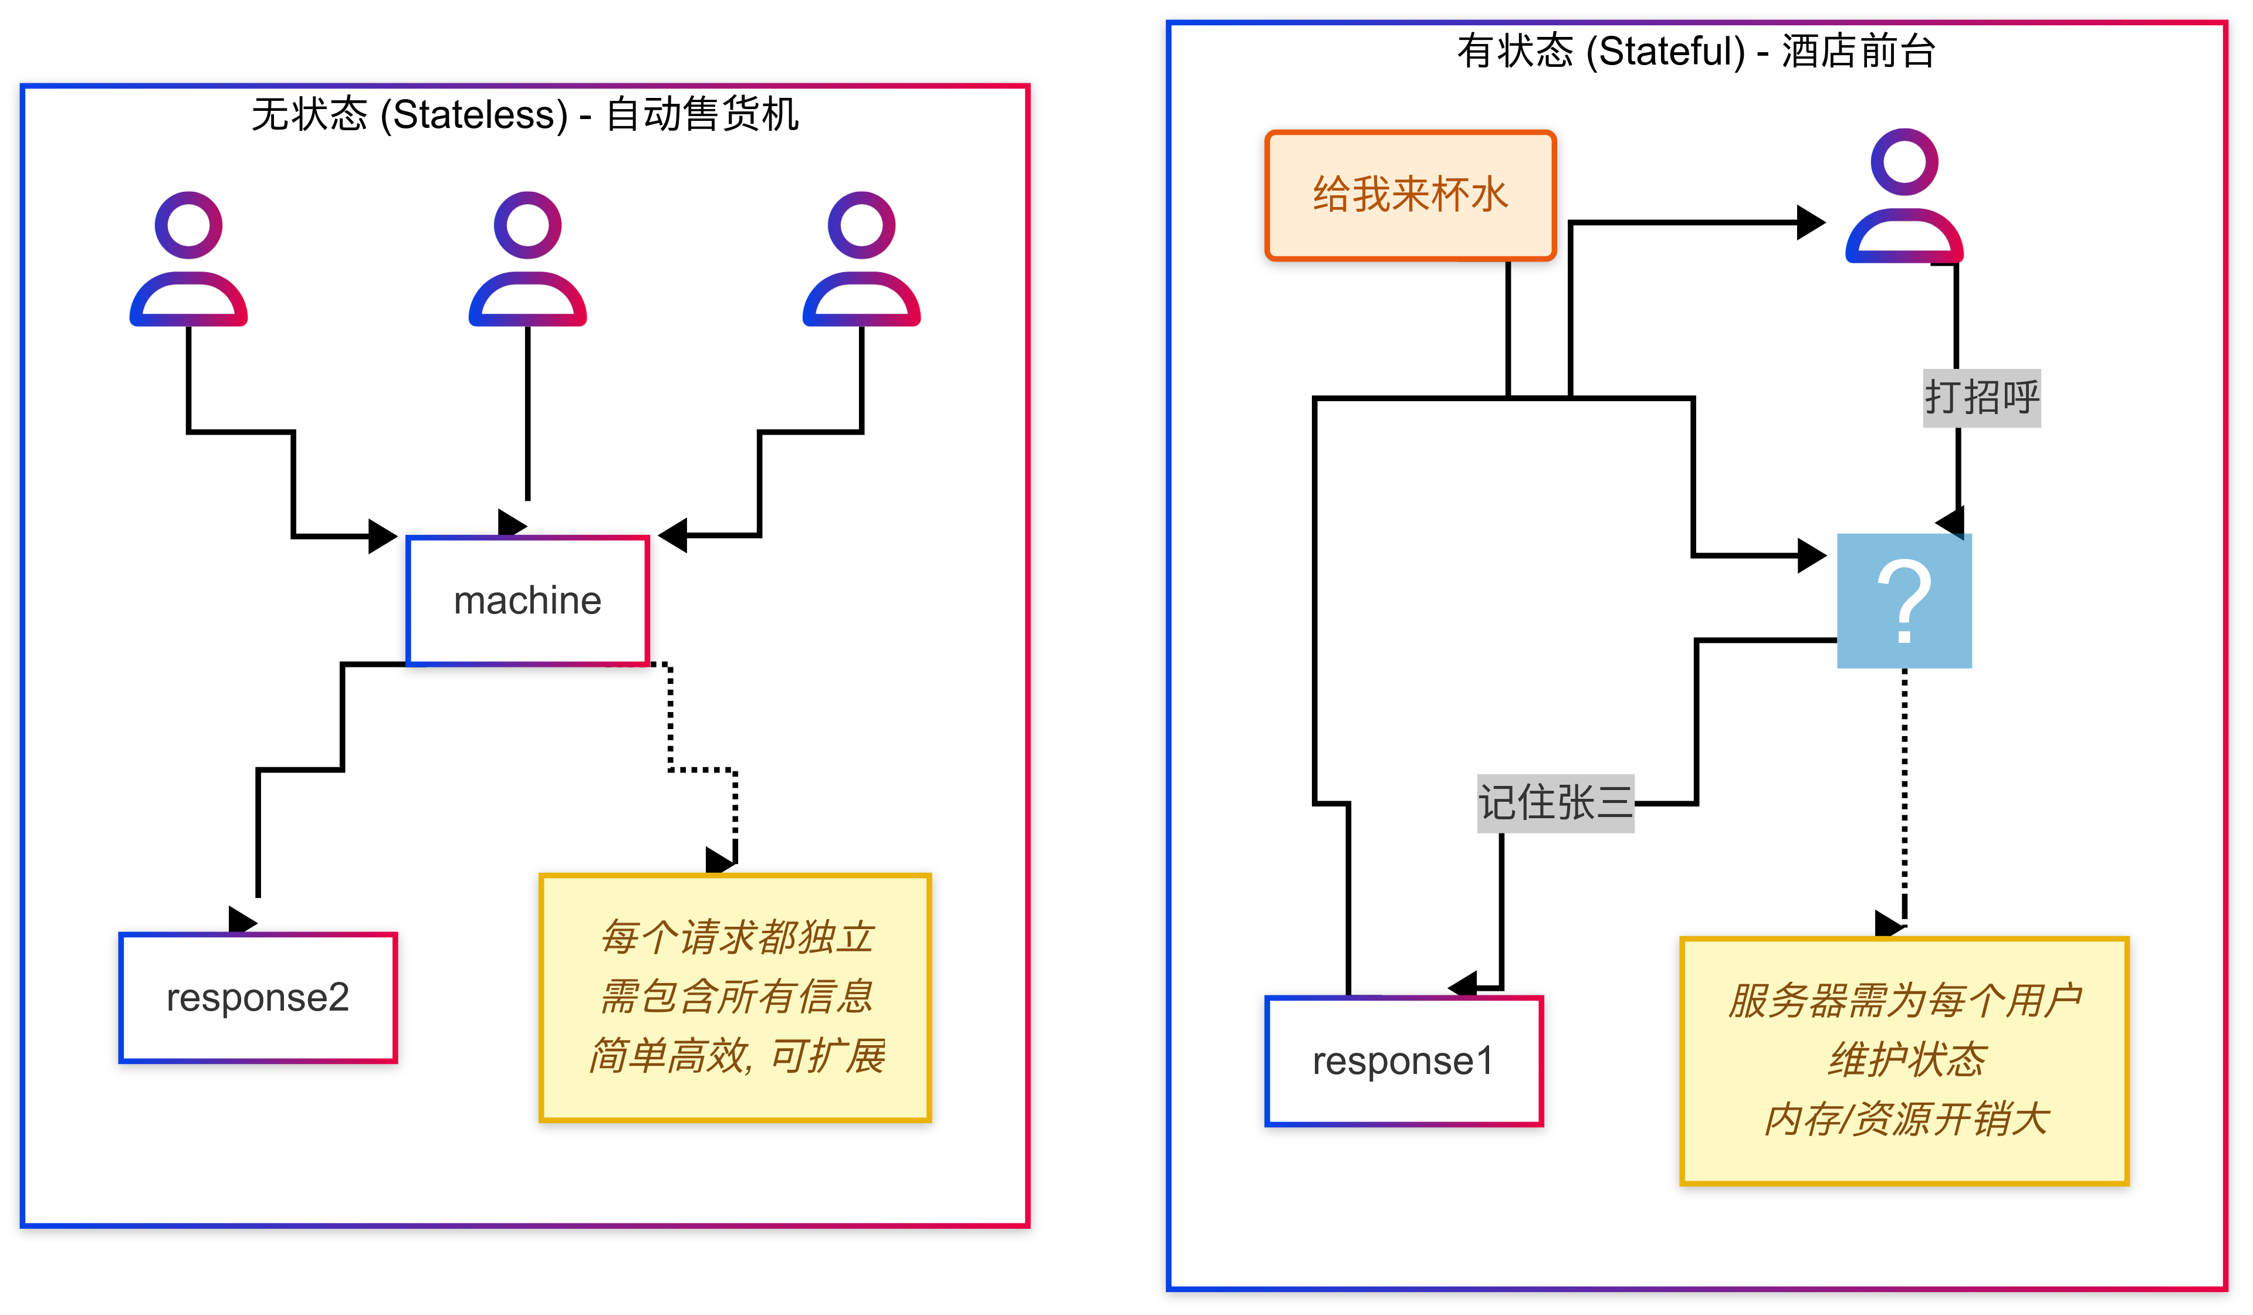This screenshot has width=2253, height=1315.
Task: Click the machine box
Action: pos(527,601)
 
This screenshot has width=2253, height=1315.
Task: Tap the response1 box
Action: pos(1403,1061)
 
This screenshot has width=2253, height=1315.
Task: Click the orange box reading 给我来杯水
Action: pos(1410,195)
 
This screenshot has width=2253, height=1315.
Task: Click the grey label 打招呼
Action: pos(1981,398)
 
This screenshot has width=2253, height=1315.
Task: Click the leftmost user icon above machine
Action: pos(189,259)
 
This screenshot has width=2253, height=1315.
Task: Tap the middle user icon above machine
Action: pos(527,259)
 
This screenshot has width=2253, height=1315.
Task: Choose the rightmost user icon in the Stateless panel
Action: pos(861,259)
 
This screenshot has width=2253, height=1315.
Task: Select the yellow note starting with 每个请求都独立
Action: pos(735,997)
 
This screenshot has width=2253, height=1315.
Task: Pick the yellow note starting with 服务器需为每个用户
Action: pos(1904,1061)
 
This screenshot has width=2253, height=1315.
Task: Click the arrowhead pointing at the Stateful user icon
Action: pos(1811,223)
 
